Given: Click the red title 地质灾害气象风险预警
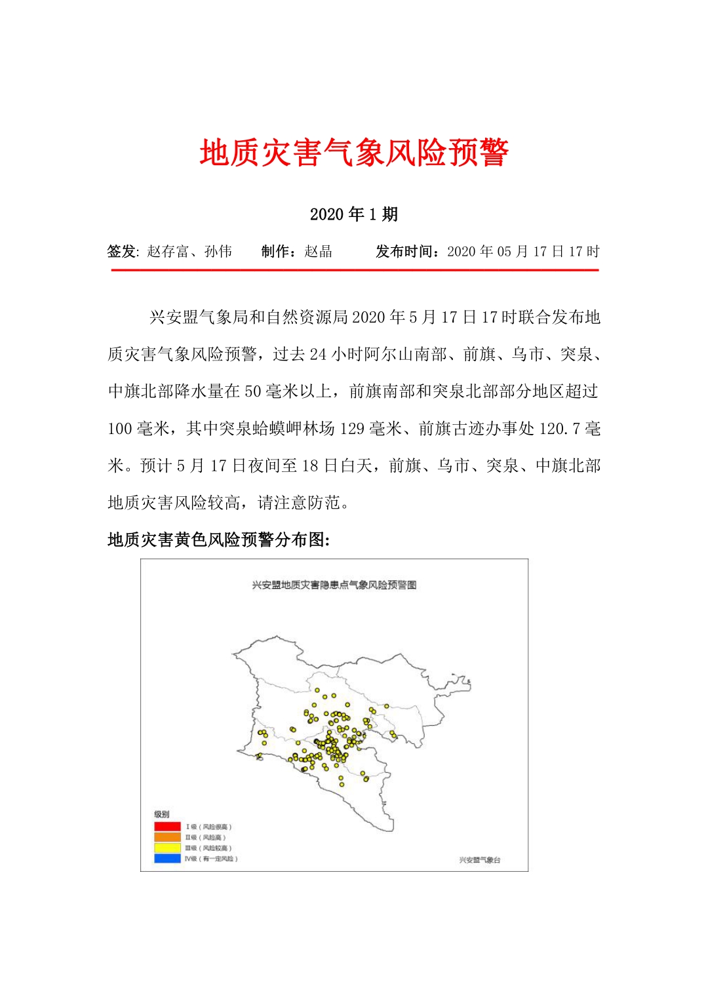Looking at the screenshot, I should [x=354, y=153].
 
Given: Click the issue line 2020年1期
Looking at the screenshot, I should [x=354, y=214].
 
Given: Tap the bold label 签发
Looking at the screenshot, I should [x=121, y=252].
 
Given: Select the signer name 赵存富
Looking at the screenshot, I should [x=167, y=252].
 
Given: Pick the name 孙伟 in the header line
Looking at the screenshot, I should [x=218, y=252].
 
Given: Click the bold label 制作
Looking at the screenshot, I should [x=277, y=252].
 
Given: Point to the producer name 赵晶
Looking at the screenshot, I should [x=319, y=252].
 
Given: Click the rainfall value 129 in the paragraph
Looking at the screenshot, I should [x=352, y=429].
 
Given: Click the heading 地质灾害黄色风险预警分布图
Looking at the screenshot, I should [x=218, y=540].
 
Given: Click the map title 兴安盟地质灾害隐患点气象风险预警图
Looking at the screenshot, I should [x=334, y=585].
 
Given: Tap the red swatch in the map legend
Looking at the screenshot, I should [x=167, y=827].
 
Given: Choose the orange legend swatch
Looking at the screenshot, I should [x=167, y=837].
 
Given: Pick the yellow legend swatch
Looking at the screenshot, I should [x=167, y=848].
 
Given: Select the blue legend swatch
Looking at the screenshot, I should [x=167, y=858].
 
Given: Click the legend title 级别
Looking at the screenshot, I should [x=161, y=814].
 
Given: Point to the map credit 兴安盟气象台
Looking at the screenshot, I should [x=479, y=860].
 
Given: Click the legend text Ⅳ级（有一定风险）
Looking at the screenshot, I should [x=211, y=859].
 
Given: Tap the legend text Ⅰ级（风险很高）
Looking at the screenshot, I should [x=209, y=827].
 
